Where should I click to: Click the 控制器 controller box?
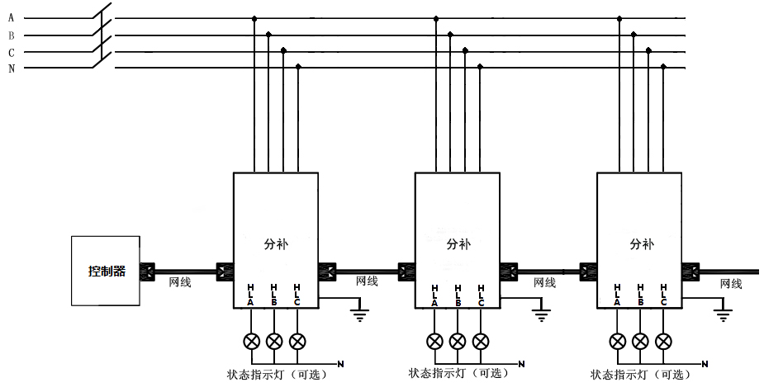105,271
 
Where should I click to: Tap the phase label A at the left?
11,18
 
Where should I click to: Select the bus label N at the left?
11,68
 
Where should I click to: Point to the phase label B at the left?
11,35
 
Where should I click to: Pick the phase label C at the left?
11,52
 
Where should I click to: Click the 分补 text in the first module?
277,244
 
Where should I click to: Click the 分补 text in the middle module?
458,244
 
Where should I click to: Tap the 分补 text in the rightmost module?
641,244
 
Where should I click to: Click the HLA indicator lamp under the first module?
251,341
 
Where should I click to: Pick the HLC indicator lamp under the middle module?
481,341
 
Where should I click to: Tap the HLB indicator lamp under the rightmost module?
640,341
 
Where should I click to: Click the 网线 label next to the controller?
179,282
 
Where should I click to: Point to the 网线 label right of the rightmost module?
731,283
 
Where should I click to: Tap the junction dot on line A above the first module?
254,17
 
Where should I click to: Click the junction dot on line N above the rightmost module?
663,67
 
